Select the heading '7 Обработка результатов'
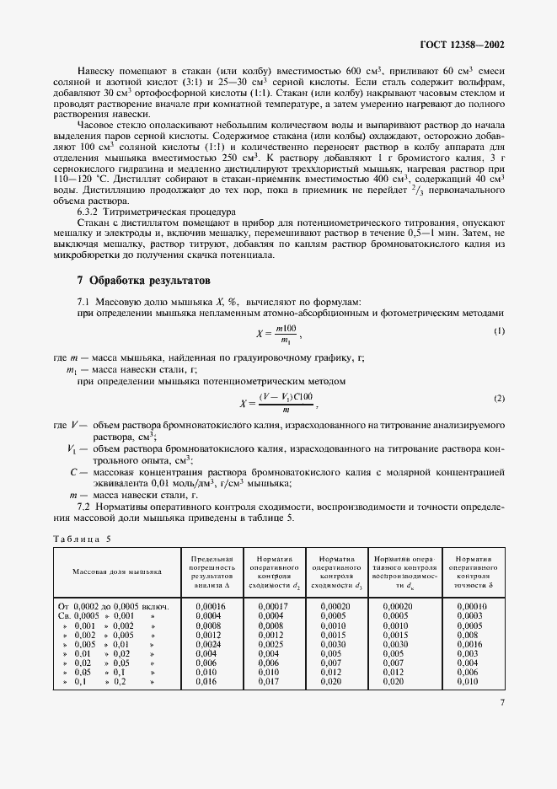click(137, 279)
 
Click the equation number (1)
click(499, 331)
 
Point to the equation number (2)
click(499, 398)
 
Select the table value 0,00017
click(271, 606)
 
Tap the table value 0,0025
click(270, 643)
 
